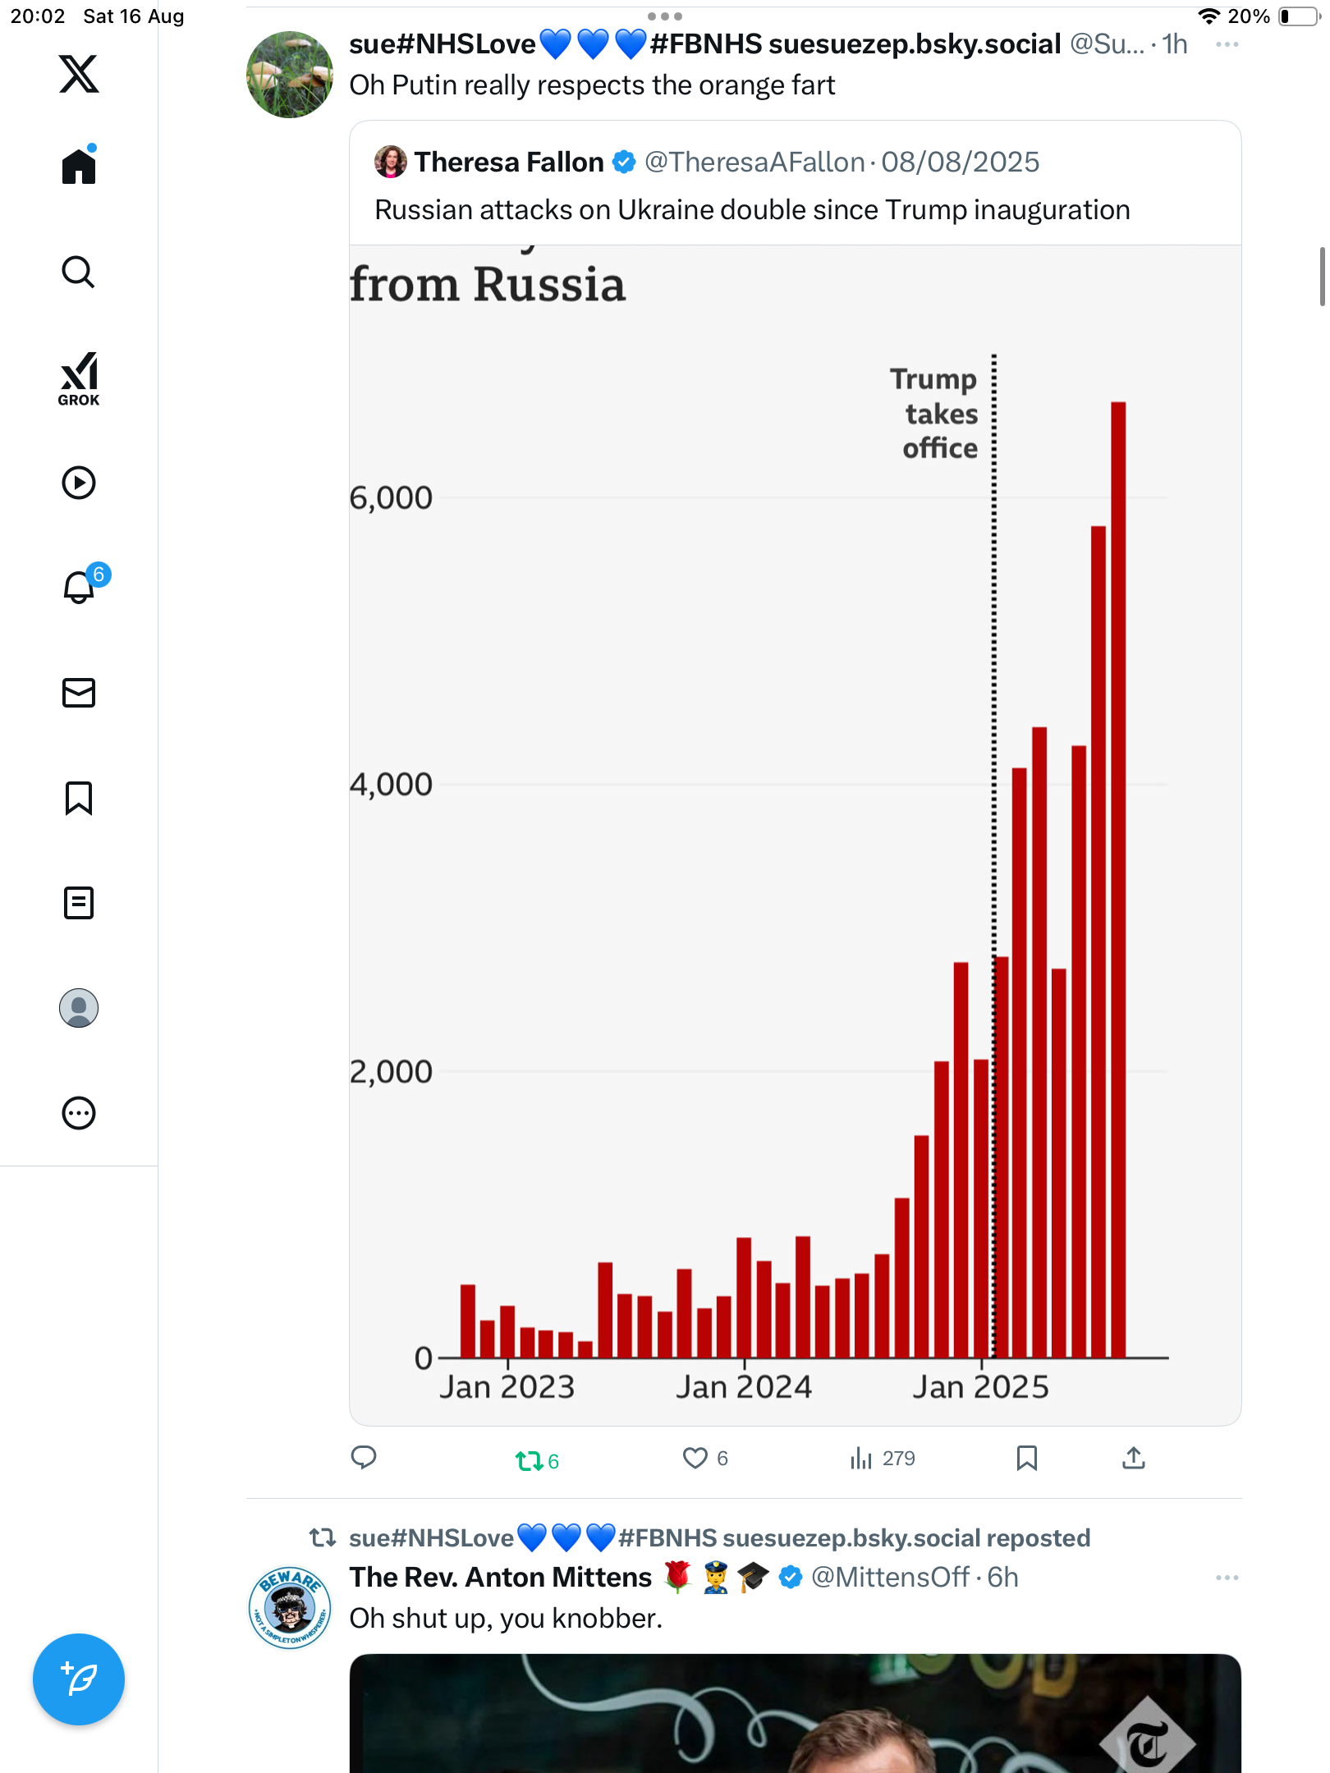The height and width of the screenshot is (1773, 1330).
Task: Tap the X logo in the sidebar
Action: coord(79,74)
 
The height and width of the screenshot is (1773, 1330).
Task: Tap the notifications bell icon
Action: coord(79,588)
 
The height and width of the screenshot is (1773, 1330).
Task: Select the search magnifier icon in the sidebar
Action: coord(79,272)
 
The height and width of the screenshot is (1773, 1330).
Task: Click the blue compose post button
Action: coord(79,1679)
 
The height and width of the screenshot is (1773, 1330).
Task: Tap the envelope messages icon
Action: coord(79,693)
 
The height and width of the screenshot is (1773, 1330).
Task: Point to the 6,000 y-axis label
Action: coord(391,497)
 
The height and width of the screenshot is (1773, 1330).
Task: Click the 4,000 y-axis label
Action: coord(391,785)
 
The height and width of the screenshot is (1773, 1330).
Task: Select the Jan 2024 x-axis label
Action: coord(744,1387)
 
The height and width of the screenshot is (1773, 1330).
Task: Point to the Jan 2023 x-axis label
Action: coord(507,1387)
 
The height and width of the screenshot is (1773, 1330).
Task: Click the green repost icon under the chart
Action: coord(529,1460)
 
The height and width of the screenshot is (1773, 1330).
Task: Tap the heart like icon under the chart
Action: coord(695,1458)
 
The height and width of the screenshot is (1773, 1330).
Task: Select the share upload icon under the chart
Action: coord(1134,1458)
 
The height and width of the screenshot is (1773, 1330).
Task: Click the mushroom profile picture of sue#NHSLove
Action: coord(290,75)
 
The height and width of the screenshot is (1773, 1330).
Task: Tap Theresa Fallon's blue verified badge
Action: coord(624,163)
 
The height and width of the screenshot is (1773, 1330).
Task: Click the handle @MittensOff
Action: coord(890,1577)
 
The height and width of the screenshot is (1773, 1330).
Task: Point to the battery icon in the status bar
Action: coord(1299,16)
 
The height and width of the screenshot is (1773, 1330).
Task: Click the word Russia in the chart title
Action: coord(549,285)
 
